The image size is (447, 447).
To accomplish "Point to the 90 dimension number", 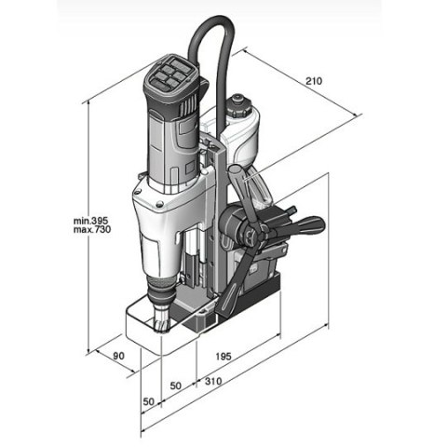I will pyautogui.click(x=117, y=356).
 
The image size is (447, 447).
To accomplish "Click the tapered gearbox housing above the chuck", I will pyautogui.click(x=158, y=251).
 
